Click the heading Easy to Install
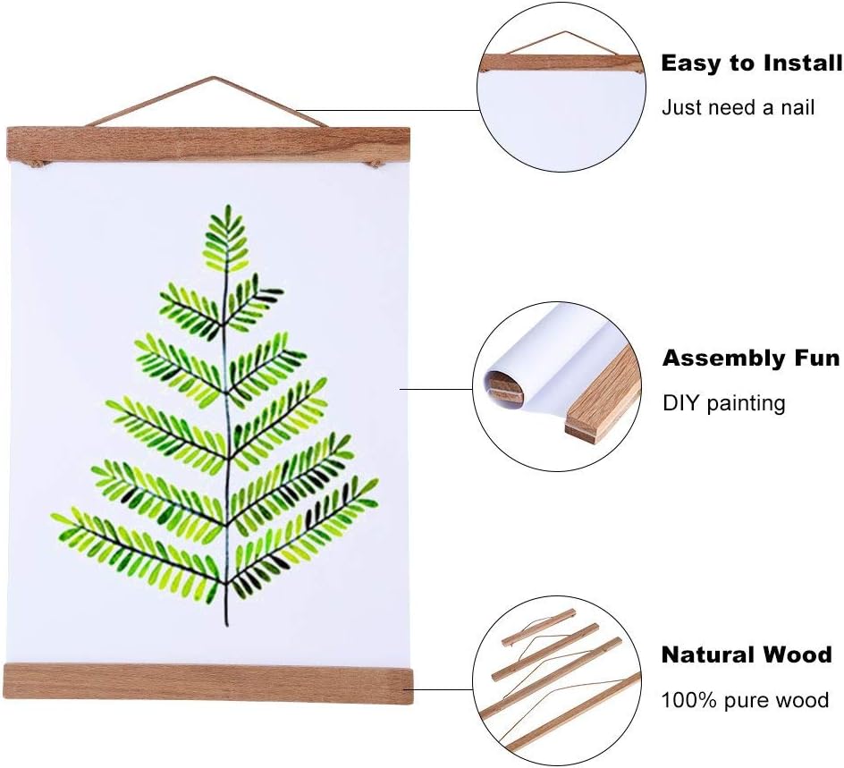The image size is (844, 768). pos(751,63)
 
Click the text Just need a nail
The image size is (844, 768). pos(738,108)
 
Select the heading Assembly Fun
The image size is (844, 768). pos(751,359)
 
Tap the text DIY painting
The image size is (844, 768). pos(723,403)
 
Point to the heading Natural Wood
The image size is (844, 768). pos(747,654)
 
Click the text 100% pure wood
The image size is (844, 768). pos(745,700)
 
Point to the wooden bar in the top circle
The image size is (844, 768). pos(561,63)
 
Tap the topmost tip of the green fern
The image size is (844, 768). pos(227,207)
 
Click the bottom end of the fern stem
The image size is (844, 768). pos(226,624)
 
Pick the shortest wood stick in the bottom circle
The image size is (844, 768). pos(539,628)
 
